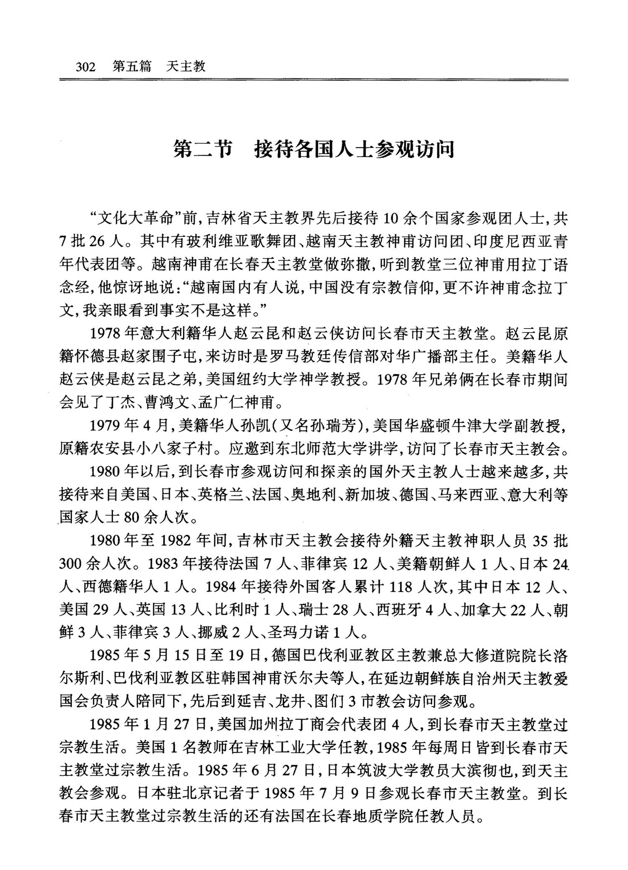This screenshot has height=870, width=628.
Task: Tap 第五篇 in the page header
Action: [x=132, y=67]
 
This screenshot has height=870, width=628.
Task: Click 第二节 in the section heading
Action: [x=203, y=149]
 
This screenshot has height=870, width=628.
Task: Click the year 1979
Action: [x=106, y=426]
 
